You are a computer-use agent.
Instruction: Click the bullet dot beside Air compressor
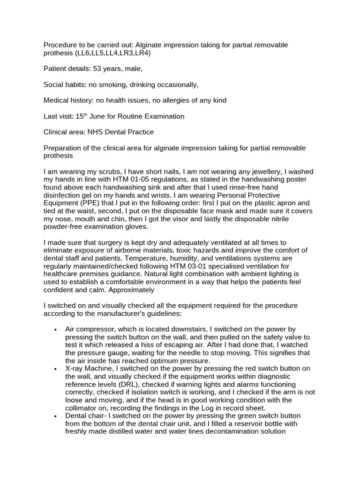tap(55, 330)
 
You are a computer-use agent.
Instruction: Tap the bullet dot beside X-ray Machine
tap(55, 369)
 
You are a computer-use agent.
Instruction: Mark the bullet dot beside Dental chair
tap(55, 416)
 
